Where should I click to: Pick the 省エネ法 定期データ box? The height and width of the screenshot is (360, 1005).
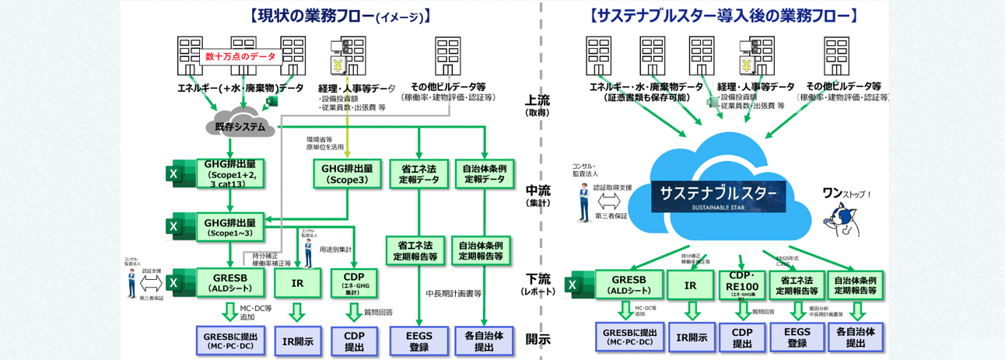pyautogui.click(x=419, y=173)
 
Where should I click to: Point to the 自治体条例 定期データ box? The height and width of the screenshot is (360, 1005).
pyautogui.click(x=485, y=173)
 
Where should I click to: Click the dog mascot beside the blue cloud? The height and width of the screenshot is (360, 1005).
pyautogui.click(x=843, y=219)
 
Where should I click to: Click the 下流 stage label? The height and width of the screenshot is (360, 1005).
pyautogui.click(x=538, y=282)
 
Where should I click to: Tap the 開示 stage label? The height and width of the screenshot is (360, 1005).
pyautogui.click(x=538, y=339)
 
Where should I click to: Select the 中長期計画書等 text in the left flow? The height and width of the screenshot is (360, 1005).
pyautogui.click(x=453, y=294)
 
